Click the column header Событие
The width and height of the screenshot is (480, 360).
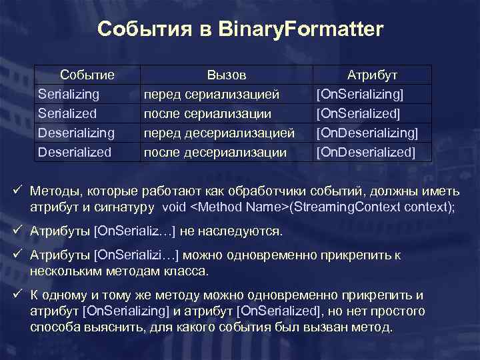(87, 75)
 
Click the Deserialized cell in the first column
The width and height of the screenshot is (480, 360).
(75, 152)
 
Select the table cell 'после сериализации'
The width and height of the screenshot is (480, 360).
(208, 113)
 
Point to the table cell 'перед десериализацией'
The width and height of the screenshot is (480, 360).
(219, 133)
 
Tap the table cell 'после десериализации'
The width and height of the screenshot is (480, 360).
(215, 152)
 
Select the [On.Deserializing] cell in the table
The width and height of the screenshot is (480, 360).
(367, 133)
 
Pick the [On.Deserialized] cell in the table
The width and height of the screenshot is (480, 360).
(365, 152)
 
